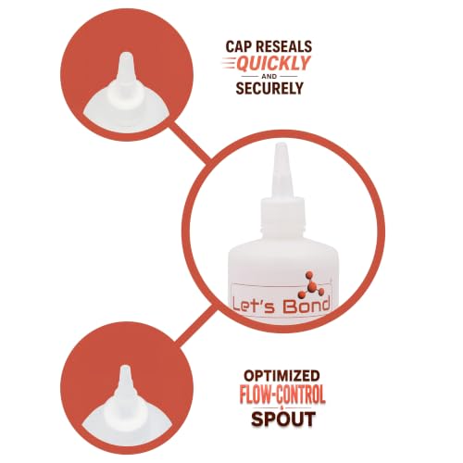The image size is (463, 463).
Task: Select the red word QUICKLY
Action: coord(273,64)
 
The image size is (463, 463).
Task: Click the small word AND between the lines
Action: coord(269,76)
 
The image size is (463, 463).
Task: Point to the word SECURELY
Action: coord(269,88)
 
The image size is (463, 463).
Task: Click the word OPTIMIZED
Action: coord(282,376)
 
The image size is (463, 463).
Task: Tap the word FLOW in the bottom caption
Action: coord(257,394)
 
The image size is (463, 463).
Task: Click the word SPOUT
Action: coord(283,419)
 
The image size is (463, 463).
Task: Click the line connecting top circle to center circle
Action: coord(190,143)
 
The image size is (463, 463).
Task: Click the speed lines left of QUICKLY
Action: coord(230,63)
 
